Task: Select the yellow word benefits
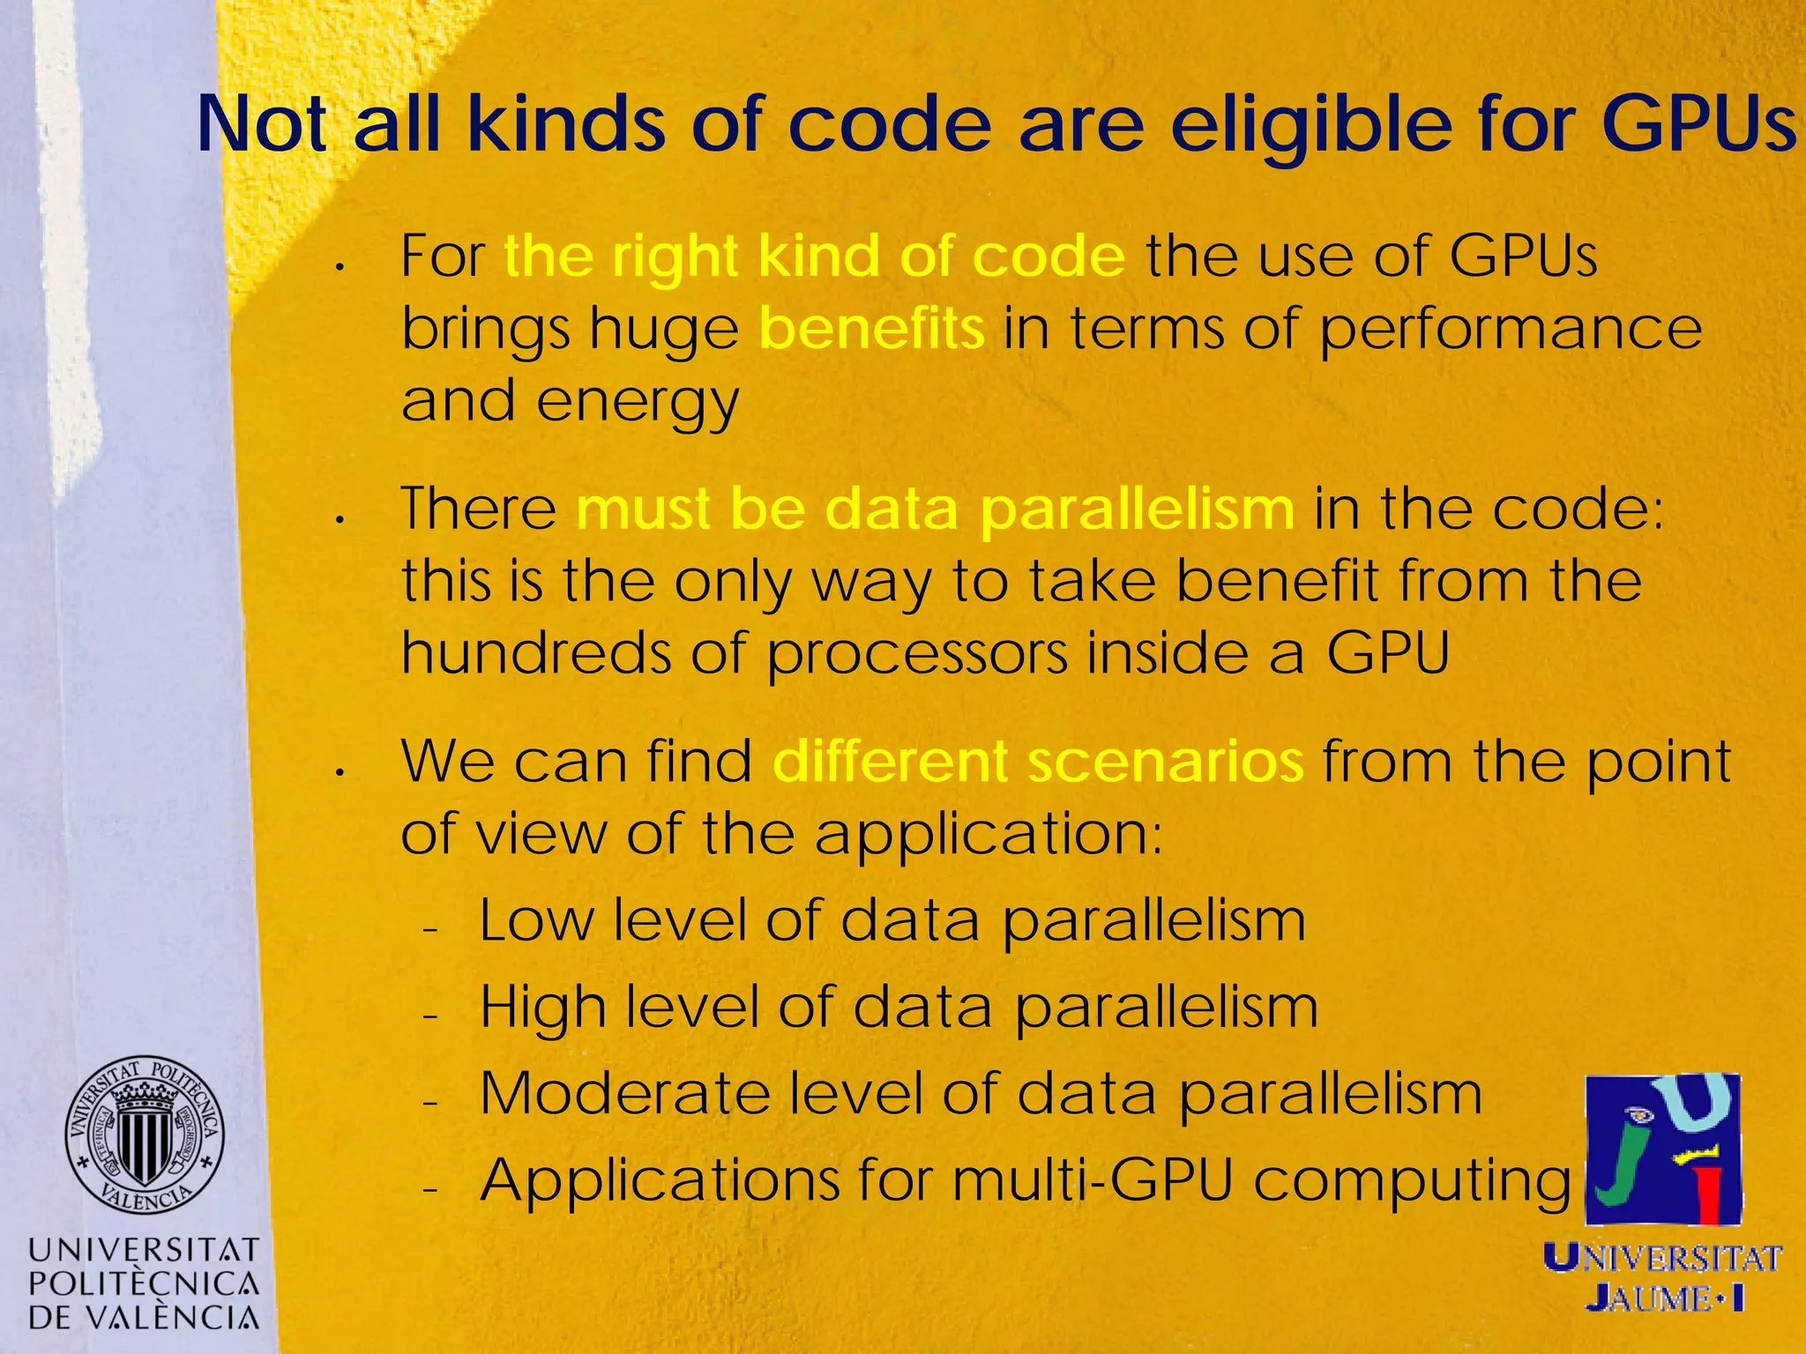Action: click(x=871, y=328)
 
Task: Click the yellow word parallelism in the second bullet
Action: click(x=1137, y=510)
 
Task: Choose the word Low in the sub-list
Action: click(x=537, y=920)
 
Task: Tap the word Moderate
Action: click(x=624, y=1094)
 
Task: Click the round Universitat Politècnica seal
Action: click(x=144, y=1135)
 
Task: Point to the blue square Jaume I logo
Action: click(x=1663, y=1149)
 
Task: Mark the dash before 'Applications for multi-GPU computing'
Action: click(x=430, y=1190)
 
